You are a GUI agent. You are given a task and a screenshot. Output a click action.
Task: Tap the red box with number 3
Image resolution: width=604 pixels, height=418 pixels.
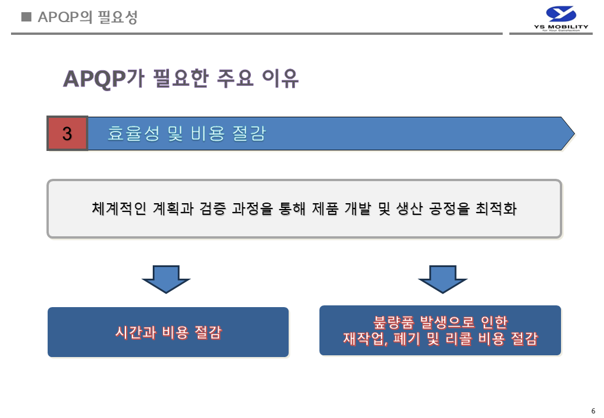(x=67, y=134)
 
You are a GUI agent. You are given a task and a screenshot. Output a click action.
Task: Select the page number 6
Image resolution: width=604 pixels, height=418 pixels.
(x=593, y=411)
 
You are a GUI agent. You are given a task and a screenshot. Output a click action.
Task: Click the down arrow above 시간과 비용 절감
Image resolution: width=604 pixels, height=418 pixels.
(x=166, y=279)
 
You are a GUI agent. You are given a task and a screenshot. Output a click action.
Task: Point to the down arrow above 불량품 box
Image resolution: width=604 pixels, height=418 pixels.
(x=442, y=279)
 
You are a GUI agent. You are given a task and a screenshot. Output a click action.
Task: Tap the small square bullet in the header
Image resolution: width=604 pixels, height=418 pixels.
(x=26, y=17)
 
